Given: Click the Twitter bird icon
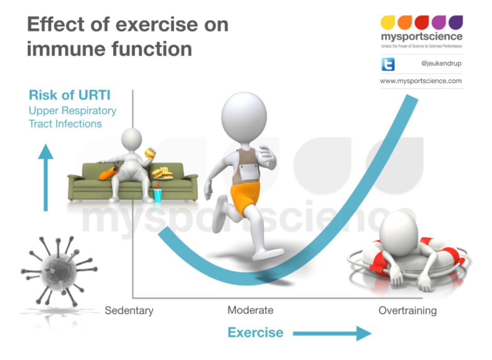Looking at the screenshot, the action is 388,64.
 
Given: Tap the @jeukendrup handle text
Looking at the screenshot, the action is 441,63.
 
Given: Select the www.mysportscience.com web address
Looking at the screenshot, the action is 421,81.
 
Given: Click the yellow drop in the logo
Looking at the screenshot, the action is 388,22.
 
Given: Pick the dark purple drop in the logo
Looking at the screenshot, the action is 456,22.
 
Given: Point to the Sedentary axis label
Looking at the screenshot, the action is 129,311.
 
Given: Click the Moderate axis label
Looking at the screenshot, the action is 251,311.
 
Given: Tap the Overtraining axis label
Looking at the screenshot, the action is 408,311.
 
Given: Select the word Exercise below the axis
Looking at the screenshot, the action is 256,332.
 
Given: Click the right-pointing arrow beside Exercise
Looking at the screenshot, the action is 332,333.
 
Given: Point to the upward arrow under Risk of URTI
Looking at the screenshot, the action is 46,177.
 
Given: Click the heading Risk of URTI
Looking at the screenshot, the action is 70,95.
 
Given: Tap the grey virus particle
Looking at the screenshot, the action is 59,271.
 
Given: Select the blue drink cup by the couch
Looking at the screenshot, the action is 158,195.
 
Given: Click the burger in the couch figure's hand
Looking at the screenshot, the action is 150,153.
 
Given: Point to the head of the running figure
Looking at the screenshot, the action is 244,117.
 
